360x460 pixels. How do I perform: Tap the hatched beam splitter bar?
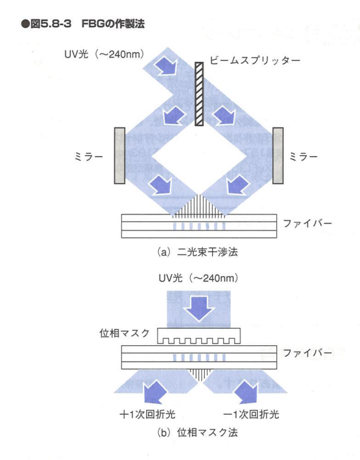click(x=199, y=94)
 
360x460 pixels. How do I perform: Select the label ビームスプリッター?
click(x=255, y=60)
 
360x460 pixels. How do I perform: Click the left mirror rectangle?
click(x=120, y=156)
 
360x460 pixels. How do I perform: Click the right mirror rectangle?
click(x=277, y=156)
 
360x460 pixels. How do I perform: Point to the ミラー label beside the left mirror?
click(x=89, y=156)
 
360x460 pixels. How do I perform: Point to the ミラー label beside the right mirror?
click(x=303, y=156)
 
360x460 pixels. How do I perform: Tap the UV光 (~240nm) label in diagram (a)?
click(x=105, y=54)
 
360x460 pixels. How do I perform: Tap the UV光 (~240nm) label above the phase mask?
click(x=199, y=277)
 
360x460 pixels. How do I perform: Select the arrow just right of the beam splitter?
click(x=224, y=115)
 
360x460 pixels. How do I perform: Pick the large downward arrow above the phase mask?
click(x=199, y=308)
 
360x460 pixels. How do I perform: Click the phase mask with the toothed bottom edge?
click(x=199, y=336)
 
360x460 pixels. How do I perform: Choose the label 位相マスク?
click(x=125, y=334)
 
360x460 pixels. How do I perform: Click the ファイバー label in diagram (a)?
click(x=307, y=224)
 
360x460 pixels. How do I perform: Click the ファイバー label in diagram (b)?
click(x=307, y=352)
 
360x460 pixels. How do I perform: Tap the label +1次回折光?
click(x=147, y=414)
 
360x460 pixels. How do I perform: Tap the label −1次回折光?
click(x=251, y=414)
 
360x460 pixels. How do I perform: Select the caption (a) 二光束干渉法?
click(x=197, y=252)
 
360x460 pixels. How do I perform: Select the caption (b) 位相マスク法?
click(x=197, y=433)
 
